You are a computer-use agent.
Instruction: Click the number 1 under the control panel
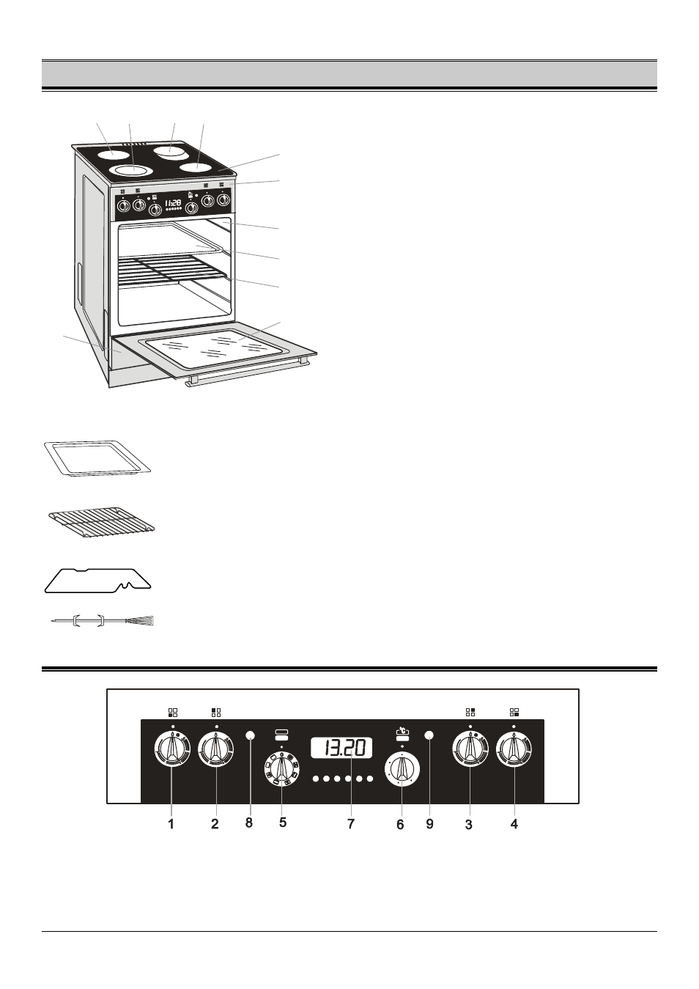(x=171, y=823)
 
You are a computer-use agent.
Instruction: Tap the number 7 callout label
(x=351, y=823)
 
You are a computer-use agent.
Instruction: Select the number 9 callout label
(x=430, y=823)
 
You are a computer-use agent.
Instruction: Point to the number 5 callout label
(x=283, y=823)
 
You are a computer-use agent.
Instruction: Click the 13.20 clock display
(x=341, y=749)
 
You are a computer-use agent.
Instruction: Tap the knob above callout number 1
(x=172, y=749)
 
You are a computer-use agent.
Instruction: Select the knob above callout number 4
(x=514, y=749)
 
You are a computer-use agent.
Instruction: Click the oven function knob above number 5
(x=281, y=768)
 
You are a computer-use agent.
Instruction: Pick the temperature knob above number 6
(x=402, y=770)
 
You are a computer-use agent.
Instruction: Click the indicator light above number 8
(x=250, y=735)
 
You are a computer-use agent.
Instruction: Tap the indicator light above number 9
(x=429, y=735)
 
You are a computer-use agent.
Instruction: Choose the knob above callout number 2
(x=216, y=749)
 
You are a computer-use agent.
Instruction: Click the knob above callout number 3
(x=470, y=749)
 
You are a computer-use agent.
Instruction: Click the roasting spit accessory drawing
(x=103, y=621)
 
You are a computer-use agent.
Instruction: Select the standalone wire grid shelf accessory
(x=102, y=523)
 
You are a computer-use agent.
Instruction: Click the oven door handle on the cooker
(x=247, y=372)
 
